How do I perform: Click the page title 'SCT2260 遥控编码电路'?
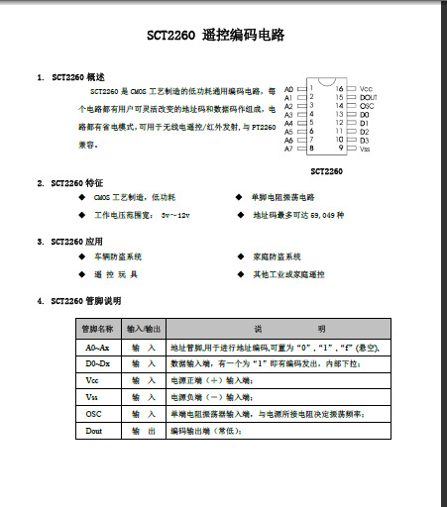[216, 35]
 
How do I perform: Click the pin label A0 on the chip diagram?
[289, 89]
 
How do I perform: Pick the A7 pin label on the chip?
[289, 149]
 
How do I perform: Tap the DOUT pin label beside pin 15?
[369, 98]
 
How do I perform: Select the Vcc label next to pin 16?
[366, 89]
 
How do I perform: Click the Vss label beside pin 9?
[365, 149]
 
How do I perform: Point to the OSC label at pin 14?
[367, 106]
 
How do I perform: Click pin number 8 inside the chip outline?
[312, 149]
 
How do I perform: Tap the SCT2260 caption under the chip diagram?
[327, 170]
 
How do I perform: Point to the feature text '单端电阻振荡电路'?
[284, 198]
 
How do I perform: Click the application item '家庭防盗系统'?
[277, 255]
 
